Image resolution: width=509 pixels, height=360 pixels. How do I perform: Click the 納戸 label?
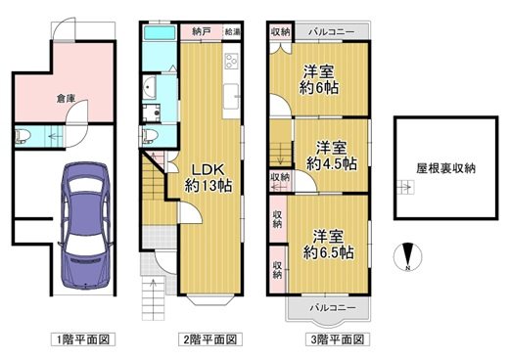(201, 31)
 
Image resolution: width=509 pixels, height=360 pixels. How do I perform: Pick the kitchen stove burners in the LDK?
(232, 62)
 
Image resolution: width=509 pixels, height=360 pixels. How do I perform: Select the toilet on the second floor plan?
(149, 134)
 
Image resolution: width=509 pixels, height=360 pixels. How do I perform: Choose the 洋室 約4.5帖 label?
(329, 157)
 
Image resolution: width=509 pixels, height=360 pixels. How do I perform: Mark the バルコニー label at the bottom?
(326, 306)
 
